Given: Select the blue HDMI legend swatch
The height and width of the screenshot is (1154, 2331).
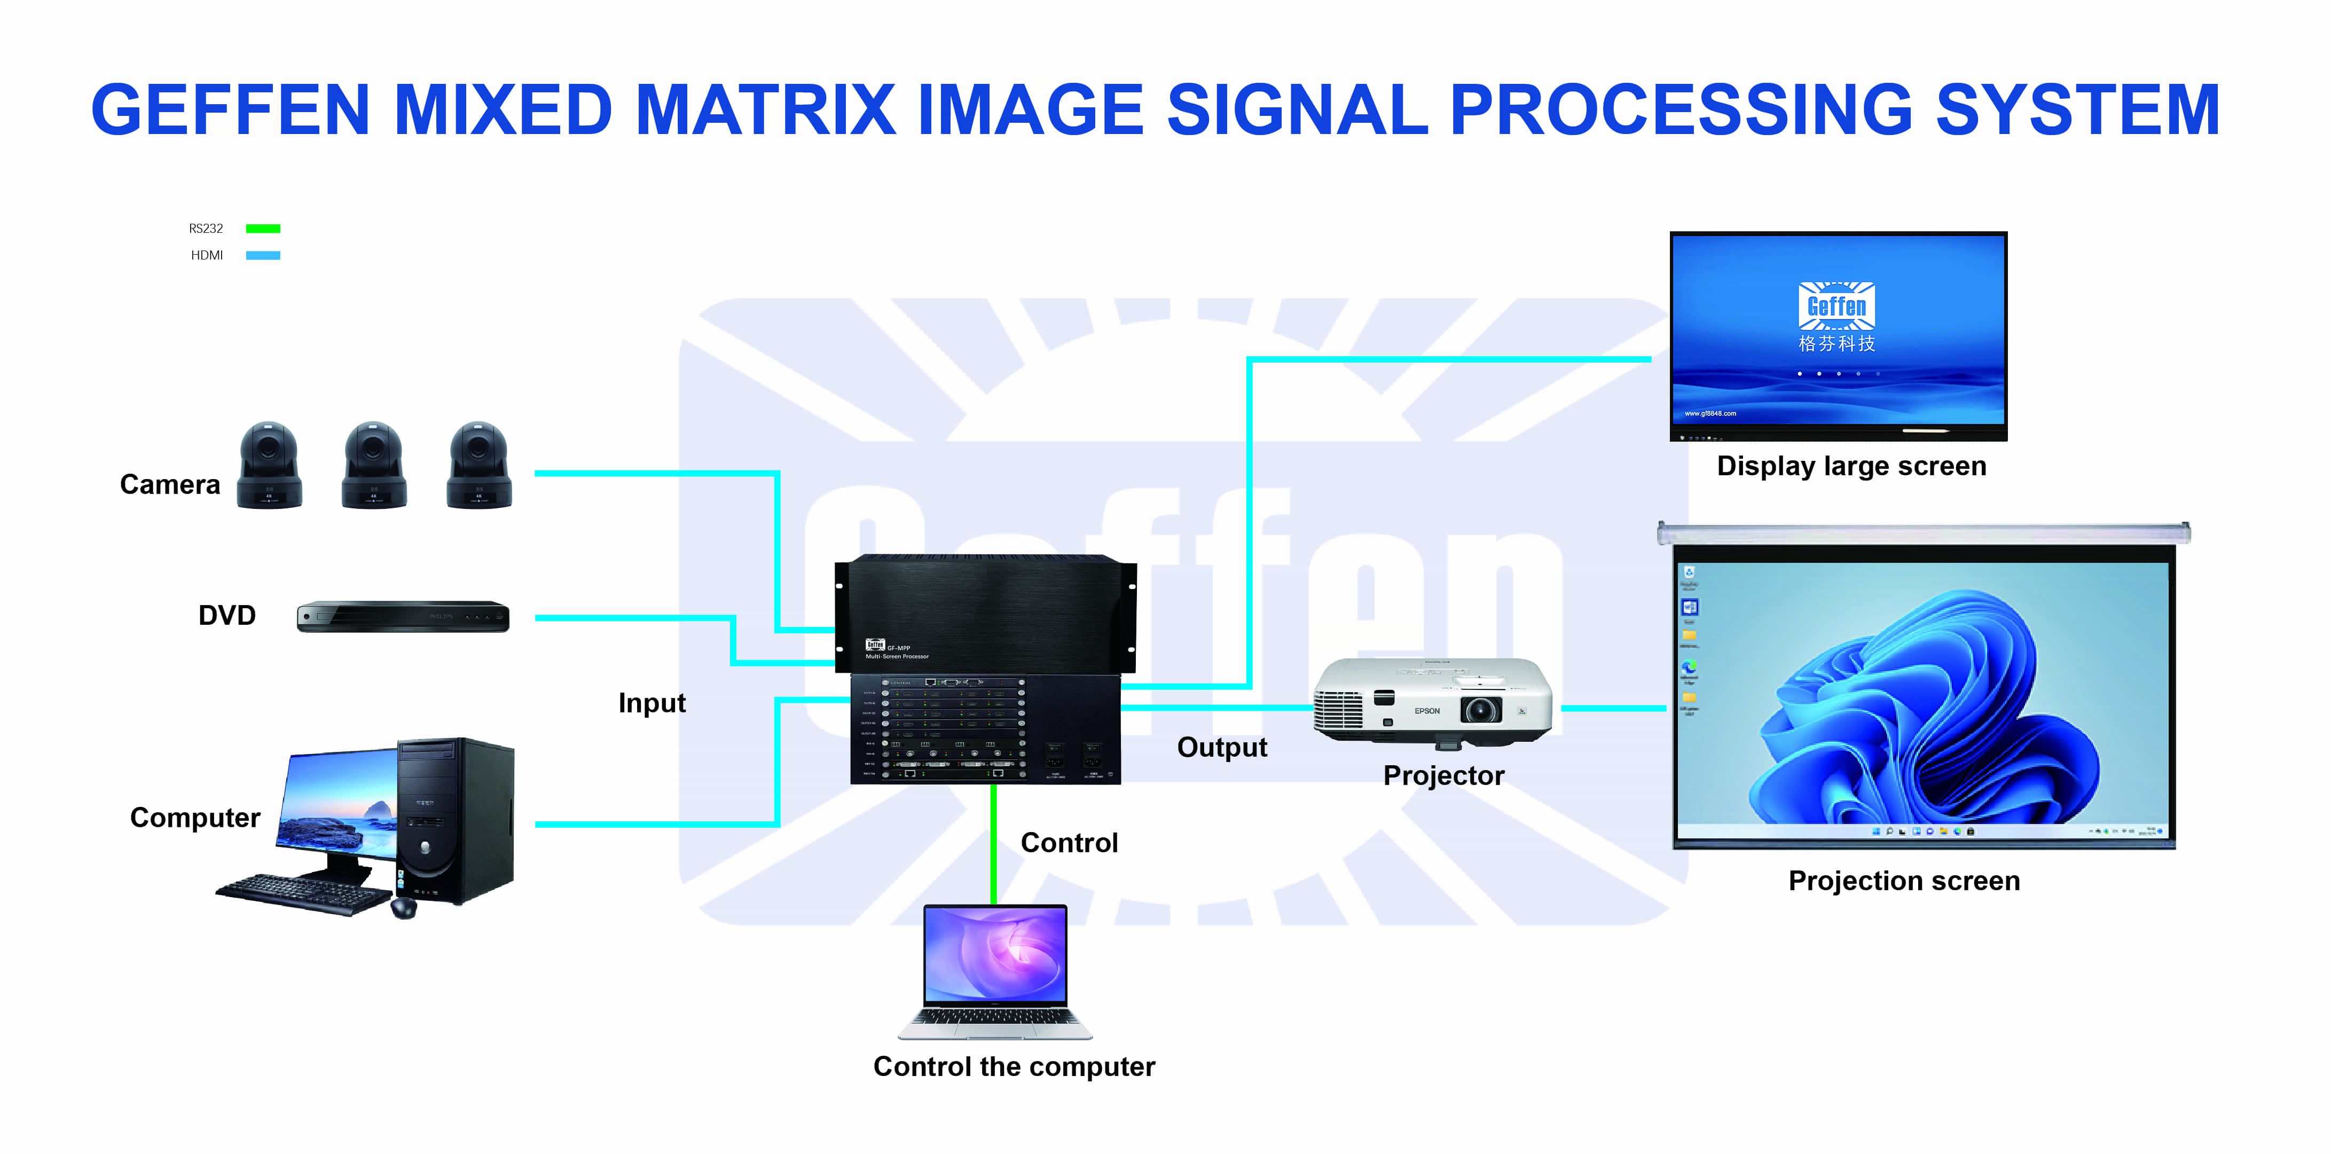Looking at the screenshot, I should tap(263, 255).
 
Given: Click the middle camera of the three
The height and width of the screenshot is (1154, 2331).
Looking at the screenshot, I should tap(374, 465).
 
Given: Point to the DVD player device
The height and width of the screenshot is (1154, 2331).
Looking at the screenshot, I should tap(403, 616).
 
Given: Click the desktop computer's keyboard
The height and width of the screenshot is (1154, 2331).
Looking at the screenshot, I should tap(304, 893).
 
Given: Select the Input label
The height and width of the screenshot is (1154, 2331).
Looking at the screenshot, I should tap(652, 703).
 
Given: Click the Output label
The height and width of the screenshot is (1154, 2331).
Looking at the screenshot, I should tap(1222, 748).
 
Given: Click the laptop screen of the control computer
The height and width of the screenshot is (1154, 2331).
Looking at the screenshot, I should tap(995, 955).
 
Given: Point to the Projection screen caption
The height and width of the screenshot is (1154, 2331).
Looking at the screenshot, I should tap(1904, 881).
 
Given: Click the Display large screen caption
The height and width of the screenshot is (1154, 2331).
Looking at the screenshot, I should tap(1851, 466).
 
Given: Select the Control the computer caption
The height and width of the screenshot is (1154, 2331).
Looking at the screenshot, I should tap(1014, 1067).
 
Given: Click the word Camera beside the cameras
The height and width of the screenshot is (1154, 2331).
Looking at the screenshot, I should tap(170, 485).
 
